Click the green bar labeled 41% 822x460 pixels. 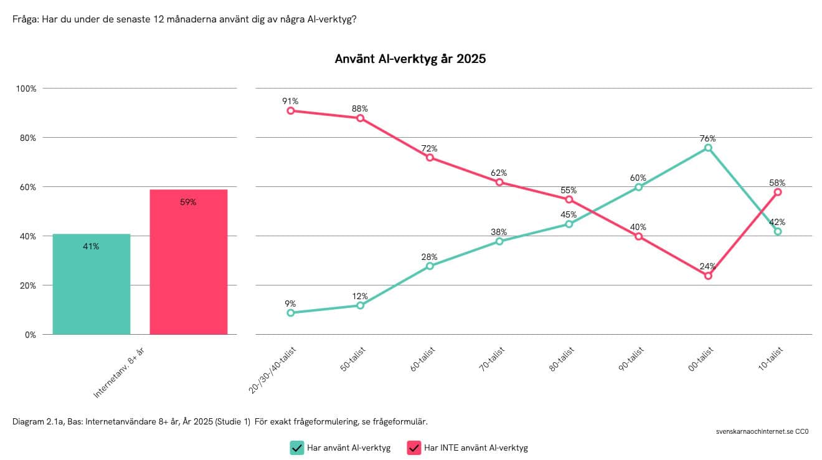pyautogui.click(x=92, y=284)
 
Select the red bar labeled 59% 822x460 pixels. pyautogui.click(x=189, y=262)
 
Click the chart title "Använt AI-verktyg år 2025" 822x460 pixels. pyautogui.click(x=410, y=59)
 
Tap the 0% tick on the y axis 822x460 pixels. pyautogui.click(x=31, y=335)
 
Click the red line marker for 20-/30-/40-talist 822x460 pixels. pyautogui.click(x=291, y=111)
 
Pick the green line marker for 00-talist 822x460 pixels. pyautogui.click(x=708, y=148)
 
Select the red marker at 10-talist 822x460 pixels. pyautogui.click(x=778, y=192)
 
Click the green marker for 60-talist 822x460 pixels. pyautogui.click(x=430, y=266)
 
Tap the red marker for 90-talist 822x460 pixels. pyautogui.click(x=639, y=236)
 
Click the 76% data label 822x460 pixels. pyautogui.click(x=707, y=138)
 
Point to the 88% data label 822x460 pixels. pyautogui.click(x=360, y=108)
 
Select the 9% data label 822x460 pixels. pyautogui.click(x=290, y=304)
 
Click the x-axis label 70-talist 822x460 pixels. pyautogui.click(x=492, y=361)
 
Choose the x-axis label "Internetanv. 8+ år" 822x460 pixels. pyautogui.click(x=119, y=372)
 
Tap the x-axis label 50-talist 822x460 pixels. pyautogui.click(x=353, y=361)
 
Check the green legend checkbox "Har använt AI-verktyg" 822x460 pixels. pyautogui.click(x=296, y=448)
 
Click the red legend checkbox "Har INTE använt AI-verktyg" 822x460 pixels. pyautogui.click(x=413, y=448)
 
